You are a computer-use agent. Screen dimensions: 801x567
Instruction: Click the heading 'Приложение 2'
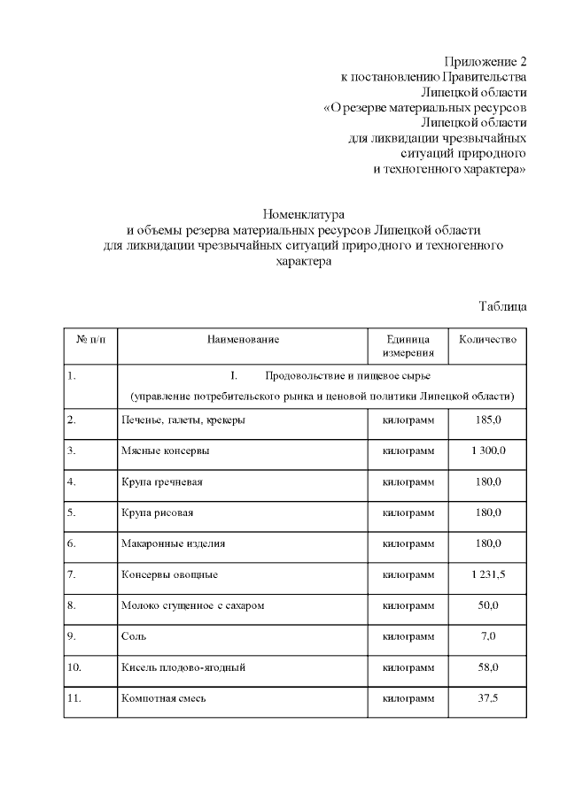(485, 62)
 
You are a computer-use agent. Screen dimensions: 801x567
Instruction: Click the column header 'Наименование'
(243, 340)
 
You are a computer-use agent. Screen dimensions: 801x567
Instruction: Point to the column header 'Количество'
(487, 340)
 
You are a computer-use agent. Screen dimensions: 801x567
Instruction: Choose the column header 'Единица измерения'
(408, 346)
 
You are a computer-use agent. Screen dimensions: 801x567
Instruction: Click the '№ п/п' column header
(90, 340)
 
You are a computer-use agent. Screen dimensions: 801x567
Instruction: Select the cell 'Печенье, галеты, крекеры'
(183, 420)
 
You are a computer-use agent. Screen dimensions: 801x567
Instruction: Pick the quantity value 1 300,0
(488, 451)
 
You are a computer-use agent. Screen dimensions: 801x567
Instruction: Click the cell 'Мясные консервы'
(159, 451)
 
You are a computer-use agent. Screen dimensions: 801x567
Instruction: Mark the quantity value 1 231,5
(488, 574)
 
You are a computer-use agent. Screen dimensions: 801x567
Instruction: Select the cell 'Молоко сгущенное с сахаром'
(192, 605)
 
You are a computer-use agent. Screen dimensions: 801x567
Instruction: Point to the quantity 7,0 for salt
(488, 636)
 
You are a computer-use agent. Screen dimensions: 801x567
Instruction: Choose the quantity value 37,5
(488, 698)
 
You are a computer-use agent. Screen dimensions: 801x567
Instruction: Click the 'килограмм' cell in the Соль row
(408, 636)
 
